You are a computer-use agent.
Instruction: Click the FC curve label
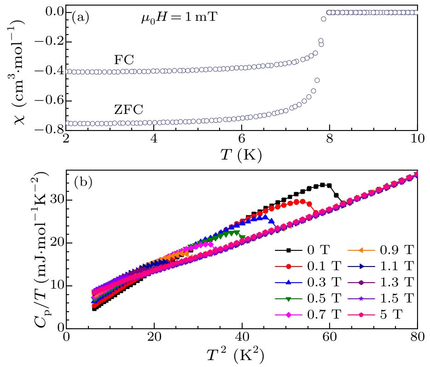pos(123,60)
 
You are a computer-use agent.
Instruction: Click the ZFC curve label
pos(128,110)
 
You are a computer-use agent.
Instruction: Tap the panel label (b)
pos(83,182)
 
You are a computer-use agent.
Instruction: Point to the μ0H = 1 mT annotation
pos(179,18)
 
